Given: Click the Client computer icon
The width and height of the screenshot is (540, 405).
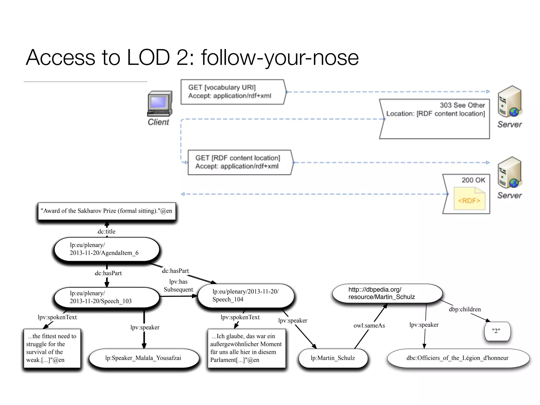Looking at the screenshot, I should pyautogui.click(x=160, y=104).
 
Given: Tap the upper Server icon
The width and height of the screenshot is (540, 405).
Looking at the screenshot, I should pyautogui.click(x=509, y=102).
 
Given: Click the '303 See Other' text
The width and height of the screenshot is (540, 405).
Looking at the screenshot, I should pyautogui.click(x=462, y=105).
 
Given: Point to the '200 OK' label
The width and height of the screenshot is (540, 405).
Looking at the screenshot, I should pyautogui.click(x=473, y=180).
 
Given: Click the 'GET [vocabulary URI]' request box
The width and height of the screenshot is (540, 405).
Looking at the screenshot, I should pyautogui.click(x=233, y=92).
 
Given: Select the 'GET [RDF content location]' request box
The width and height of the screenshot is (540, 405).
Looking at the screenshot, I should pyautogui.click(x=239, y=162).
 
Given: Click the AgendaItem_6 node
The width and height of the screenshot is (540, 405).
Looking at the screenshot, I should pyautogui.click(x=107, y=249).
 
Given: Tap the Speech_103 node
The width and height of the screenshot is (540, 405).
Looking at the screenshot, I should pyautogui.click(x=107, y=297).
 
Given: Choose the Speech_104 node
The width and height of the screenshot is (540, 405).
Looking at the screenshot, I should pyautogui.click(x=245, y=296).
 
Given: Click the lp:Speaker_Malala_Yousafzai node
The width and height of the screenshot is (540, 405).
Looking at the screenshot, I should pyautogui.click(x=143, y=358).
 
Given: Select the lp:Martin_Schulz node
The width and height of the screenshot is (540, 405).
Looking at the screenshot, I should pyautogui.click(x=333, y=358).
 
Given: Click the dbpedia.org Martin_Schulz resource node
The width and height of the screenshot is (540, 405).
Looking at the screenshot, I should pyautogui.click(x=387, y=293).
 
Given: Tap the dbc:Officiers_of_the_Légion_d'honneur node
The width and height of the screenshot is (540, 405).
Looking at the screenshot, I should pyautogui.click(x=458, y=358).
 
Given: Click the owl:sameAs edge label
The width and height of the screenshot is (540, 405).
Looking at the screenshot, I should pyautogui.click(x=369, y=326).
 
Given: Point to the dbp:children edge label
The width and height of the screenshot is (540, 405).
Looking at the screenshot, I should pyautogui.click(x=465, y=309).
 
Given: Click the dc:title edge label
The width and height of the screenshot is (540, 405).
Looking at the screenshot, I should pyautogui.click(x=107, y=232).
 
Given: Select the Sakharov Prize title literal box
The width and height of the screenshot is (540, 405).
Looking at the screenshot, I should pyautogui.click(x=107, y=211).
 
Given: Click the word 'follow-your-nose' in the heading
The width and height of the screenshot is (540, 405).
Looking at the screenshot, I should pyautogui.click(x=280, y=57).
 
